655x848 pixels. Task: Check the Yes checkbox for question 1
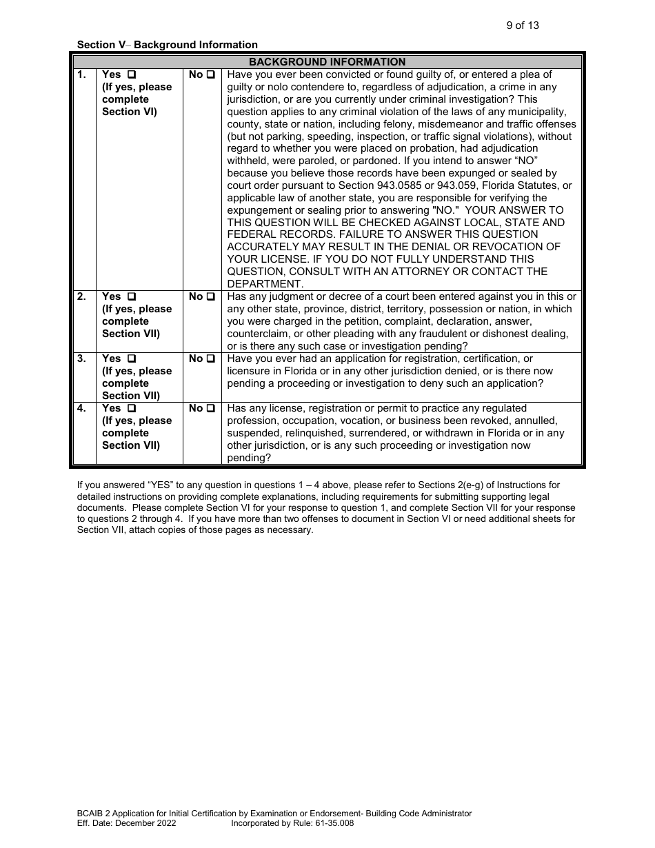coord(132,74)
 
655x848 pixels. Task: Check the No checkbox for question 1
coord(211,74)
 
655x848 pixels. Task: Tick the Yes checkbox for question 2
coord(132,296)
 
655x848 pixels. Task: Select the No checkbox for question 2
coord(211,296)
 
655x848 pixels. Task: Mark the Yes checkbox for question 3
coord(132,359)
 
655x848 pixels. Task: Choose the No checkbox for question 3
coord(211,359)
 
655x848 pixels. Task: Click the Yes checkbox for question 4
coord(132,408)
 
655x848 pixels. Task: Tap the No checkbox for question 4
coord(211,408)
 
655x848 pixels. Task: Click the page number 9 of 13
coord(522,26)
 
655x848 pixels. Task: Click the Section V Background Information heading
coord(168,45)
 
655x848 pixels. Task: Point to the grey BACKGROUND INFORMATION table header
coord(327,62)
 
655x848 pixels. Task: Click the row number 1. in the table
coord(82,74)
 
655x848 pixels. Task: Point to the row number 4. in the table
coord(82,408)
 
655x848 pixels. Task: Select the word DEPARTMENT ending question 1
coord(265,284)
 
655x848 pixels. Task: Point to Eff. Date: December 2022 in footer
coord(127,823)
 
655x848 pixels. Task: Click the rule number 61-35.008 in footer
coord(330,823)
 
